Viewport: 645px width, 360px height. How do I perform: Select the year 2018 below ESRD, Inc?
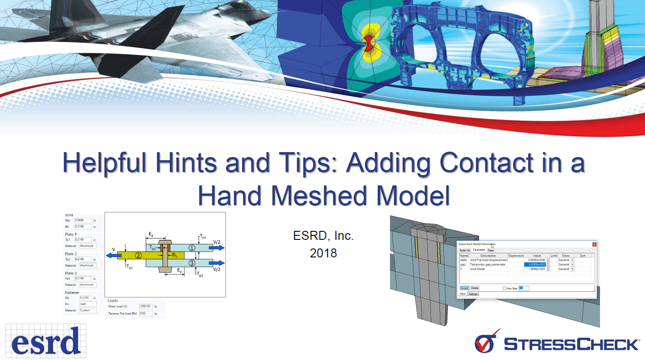[x=323, y=253]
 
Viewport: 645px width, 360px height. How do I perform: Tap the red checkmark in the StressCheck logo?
[x=486, y=343]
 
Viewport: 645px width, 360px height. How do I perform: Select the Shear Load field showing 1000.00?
[x=146, y=306]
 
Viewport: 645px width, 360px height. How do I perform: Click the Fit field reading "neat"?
[x=88, y=304]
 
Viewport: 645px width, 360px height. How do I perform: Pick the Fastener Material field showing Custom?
[x=88, y=310]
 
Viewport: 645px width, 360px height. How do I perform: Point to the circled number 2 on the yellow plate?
[x=139, y=255]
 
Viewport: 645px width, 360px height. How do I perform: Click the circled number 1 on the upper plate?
[x=192, y=247]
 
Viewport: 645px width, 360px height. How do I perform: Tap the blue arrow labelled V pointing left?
[x=112, y=255]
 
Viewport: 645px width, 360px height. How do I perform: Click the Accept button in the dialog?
[x=464, y=288]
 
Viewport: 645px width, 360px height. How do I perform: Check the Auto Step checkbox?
[x=504, y=288]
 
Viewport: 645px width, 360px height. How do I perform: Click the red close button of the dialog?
[x=594, y=244]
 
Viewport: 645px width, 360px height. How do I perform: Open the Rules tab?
[x=491, y=250]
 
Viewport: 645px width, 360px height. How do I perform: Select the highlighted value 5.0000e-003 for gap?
[x=535, y=265]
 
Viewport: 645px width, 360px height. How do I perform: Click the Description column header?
[x=488, y=256]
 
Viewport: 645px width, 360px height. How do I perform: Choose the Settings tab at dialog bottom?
[x=473, y=293]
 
